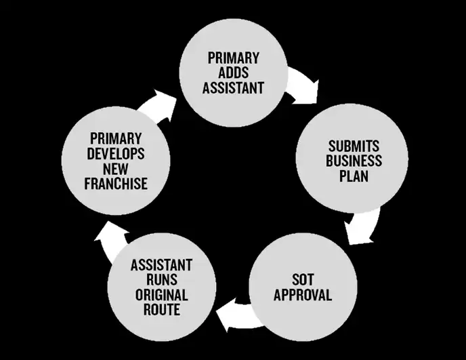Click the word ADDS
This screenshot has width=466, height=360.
[x=234, y=73]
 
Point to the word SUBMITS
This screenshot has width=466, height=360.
[x=354, y=146]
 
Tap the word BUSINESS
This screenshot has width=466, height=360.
[x=354, y=161]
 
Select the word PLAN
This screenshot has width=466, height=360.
[x=354, y=176]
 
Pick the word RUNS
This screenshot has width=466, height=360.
[x=161, y=279]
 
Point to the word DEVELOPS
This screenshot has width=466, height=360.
[x=116, y=153]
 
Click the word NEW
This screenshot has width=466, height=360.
[x=116, y=168]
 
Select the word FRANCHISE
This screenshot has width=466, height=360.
[x=116, y=183]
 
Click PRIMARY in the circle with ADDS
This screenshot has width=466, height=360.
[x=234, y=58]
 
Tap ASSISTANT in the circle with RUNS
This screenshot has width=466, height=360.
[x=161, y=264]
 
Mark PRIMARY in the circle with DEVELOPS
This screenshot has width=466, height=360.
[x=116, y=138]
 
